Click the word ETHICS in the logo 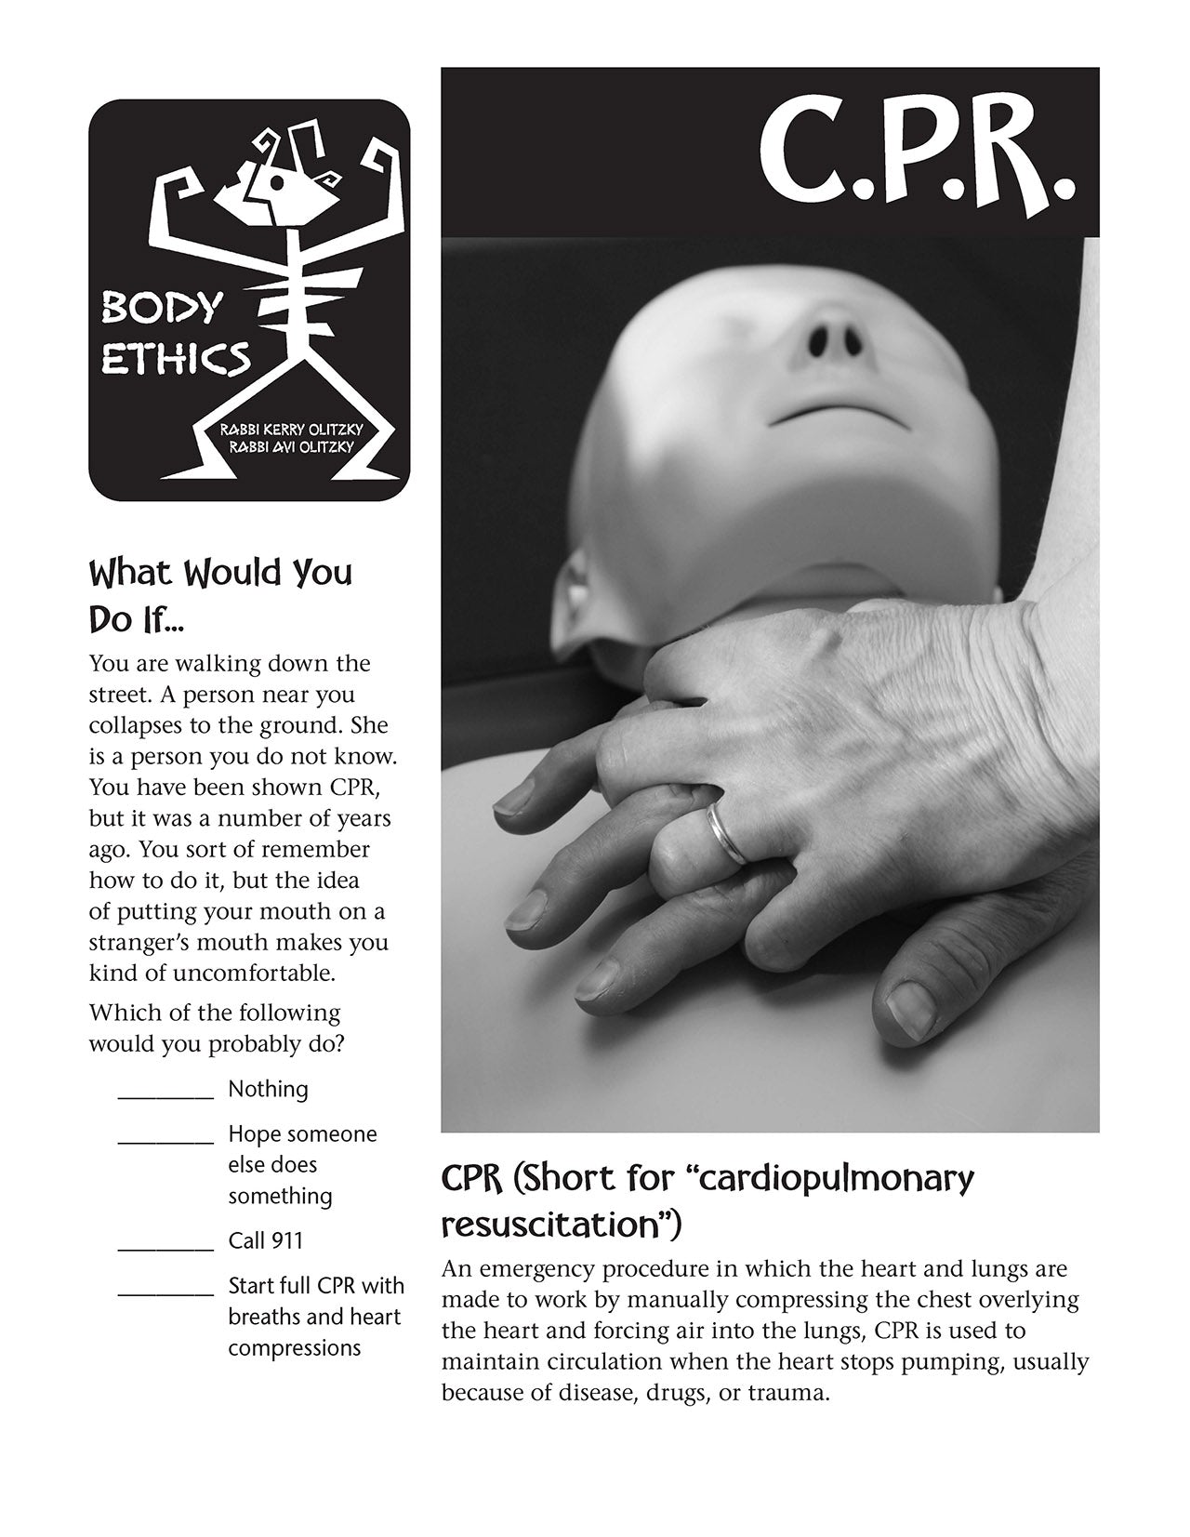175,358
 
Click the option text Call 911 266,1241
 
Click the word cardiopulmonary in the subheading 835,1179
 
